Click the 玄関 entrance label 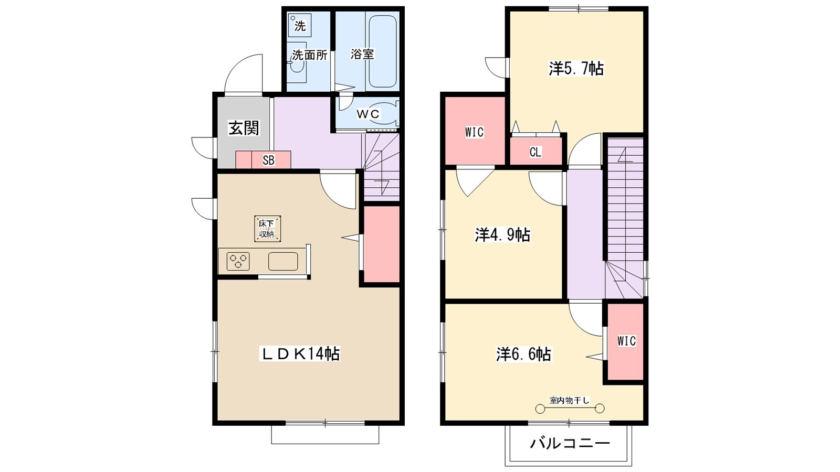[244, 128]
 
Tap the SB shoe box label [268, 160]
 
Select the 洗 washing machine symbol [300, 25]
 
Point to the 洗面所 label [310, 55]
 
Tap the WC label [368, 114]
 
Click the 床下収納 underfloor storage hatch [267, 229]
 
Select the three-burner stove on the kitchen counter [238, 261]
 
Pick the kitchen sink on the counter [283, 261]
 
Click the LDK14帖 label [301, 354]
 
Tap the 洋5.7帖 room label [576, 69]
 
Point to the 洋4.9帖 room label [502, 234]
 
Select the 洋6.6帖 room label [523, 355]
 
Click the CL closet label [535, 153]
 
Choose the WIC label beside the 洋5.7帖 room [474, 132]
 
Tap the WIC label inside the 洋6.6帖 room [626, 341]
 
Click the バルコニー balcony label [570, 444]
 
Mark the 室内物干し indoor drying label [570, 401]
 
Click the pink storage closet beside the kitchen [382, 245]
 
